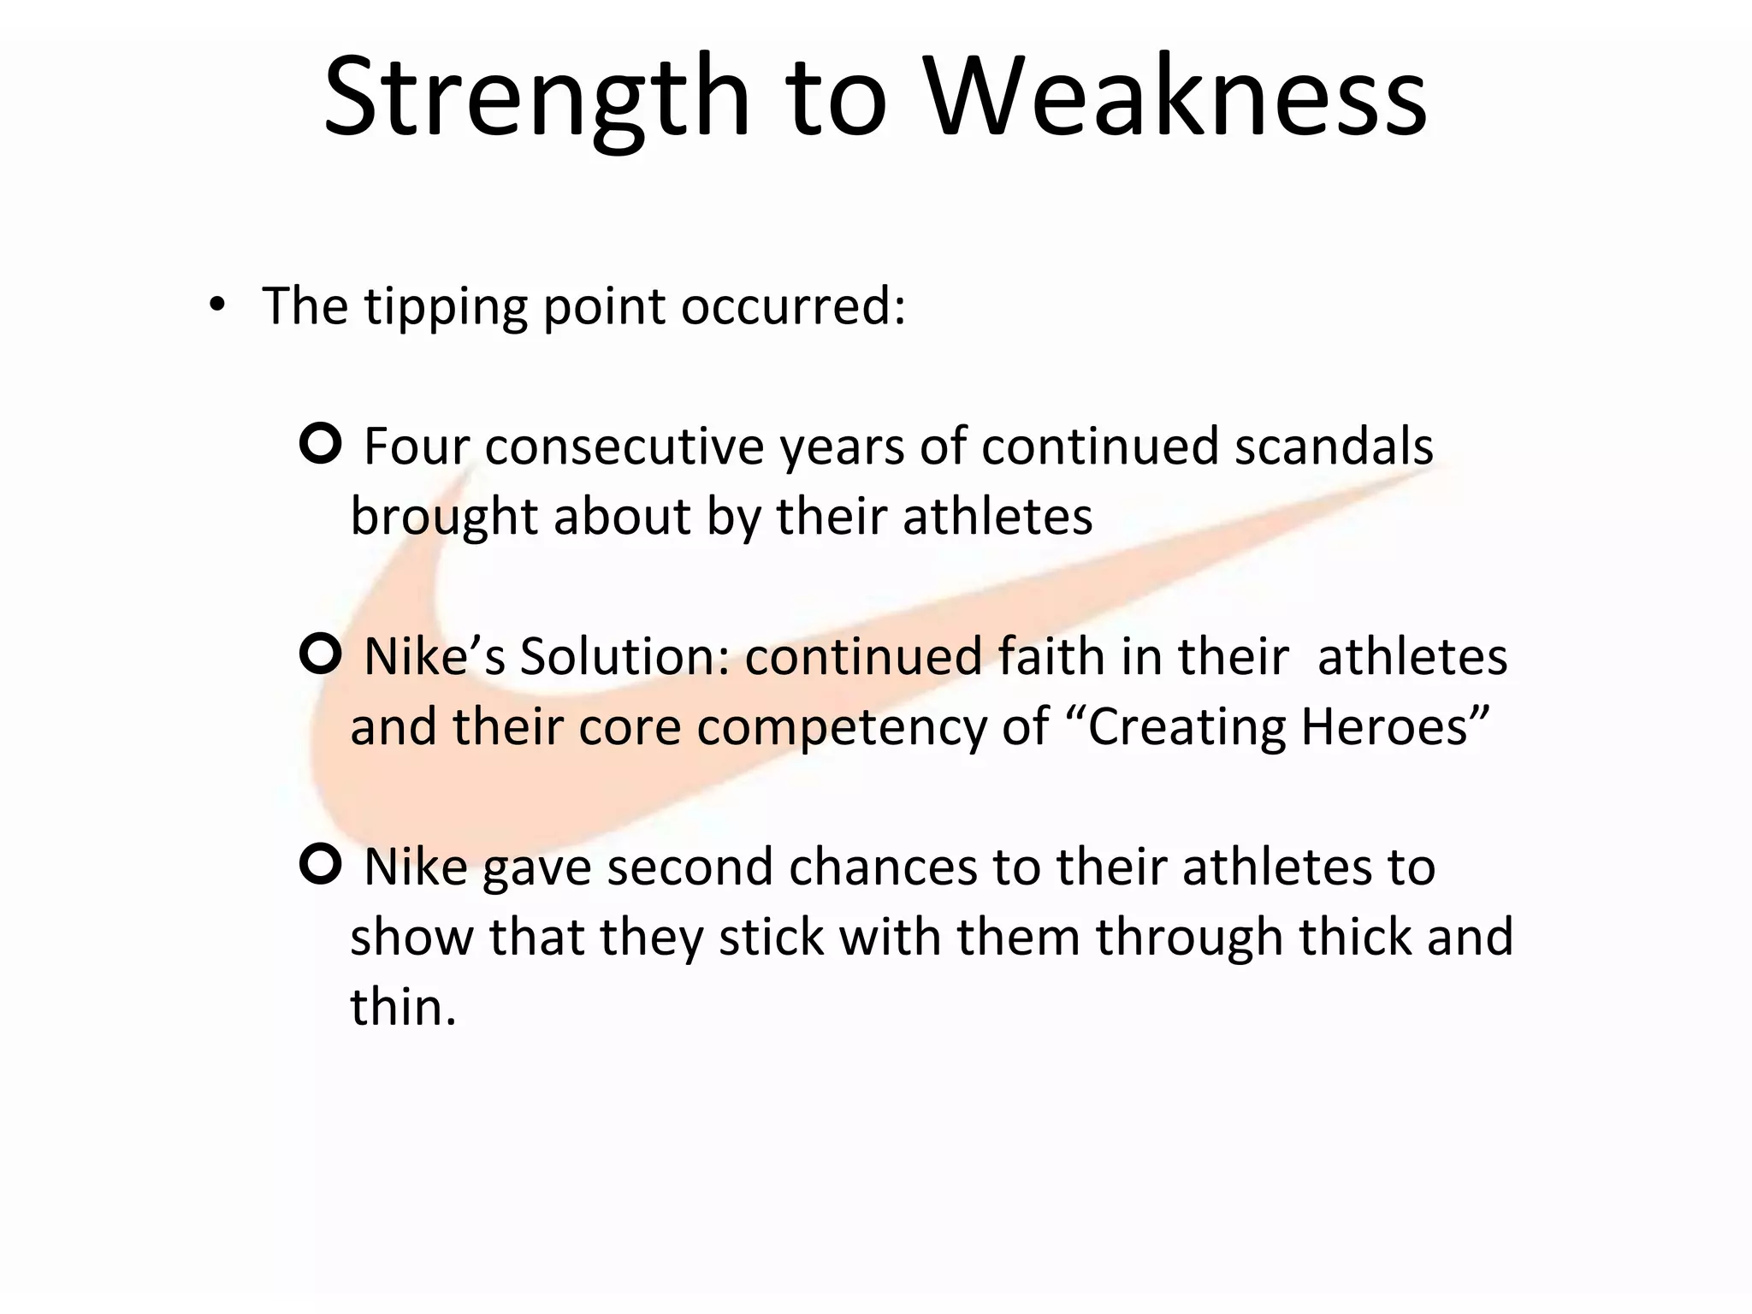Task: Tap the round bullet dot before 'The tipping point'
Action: pyautogui.click(x=217, y=305)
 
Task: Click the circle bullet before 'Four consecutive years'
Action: pyautogui.click(x=321, y=443)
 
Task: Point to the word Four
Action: pyautogui.click(x=417, y=447)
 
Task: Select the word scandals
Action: pyautogui.click(x=1334, y=447)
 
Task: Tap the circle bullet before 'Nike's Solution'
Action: pyautogui.click(x=321, y=654)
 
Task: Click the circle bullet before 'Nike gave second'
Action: pyautogui.click(x=321, y=864)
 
